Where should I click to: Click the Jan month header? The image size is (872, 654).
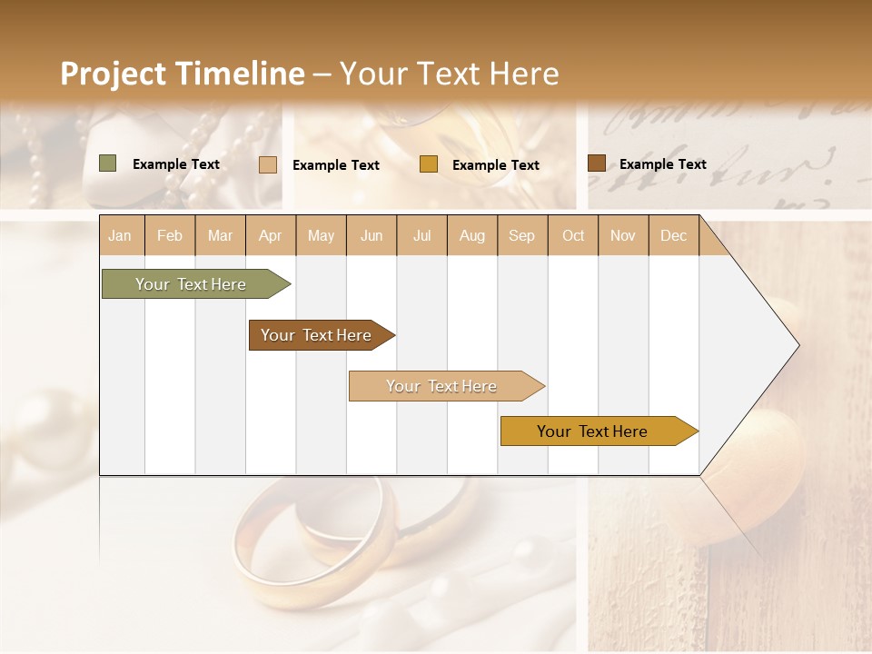(x=120, y=236)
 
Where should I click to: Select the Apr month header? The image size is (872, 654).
(x=271, y=236)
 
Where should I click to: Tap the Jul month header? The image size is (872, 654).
(x=422, y=236)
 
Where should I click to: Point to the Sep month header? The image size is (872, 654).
(x=521, y=236)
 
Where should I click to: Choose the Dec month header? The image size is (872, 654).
(x=673, y=236)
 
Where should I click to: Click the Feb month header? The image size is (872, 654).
(x=170, y=236)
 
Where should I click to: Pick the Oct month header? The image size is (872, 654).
(x=573, y=236)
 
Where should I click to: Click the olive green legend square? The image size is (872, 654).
(x=107, y=163)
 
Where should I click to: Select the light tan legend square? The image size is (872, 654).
(x=268, y=164)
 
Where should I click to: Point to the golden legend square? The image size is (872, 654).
(x=429, y=164)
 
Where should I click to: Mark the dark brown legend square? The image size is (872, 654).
(x=596, y=163)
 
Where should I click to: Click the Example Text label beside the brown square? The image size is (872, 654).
(x=662, y=164)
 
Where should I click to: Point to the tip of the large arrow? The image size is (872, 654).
(x=798, y=345)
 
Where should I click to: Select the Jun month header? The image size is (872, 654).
(x=372, y=236)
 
